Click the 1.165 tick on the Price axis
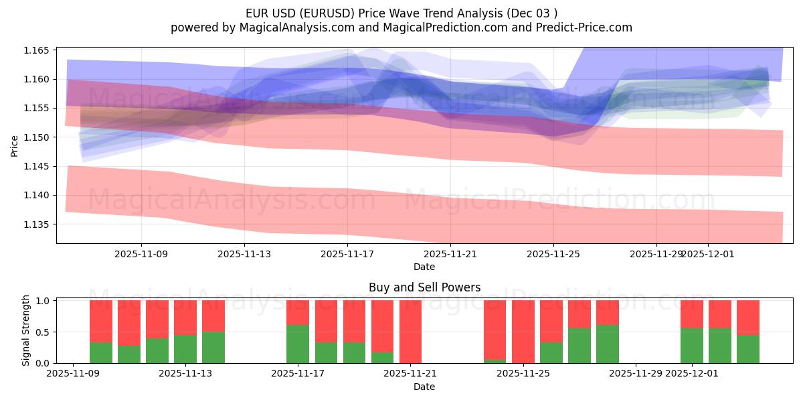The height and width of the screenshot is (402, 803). [37, 51]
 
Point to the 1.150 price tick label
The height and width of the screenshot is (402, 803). [37, 137]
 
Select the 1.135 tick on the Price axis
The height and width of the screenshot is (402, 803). [37, 224]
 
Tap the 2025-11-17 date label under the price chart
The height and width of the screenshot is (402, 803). [347, 254]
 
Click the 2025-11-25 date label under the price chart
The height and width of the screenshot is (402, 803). [553, 254]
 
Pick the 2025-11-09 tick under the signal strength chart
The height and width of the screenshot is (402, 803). [72, 374]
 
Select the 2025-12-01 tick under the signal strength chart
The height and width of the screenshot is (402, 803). [692, 374]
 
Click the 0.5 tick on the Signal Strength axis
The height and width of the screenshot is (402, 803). [43, 332]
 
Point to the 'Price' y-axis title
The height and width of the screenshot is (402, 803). [15, 145]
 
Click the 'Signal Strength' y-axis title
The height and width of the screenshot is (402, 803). [25, 331]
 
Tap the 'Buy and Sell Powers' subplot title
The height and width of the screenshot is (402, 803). [424, 287]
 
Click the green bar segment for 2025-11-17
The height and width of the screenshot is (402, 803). [298, 344]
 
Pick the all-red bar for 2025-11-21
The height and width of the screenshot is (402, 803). [410, 332]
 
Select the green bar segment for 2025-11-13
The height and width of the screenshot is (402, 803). [213, 347]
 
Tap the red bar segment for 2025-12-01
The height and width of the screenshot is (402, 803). [692, 314]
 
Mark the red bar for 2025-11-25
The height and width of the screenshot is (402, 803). [523, 332]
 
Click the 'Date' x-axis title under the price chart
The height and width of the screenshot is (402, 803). [424, 267]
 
